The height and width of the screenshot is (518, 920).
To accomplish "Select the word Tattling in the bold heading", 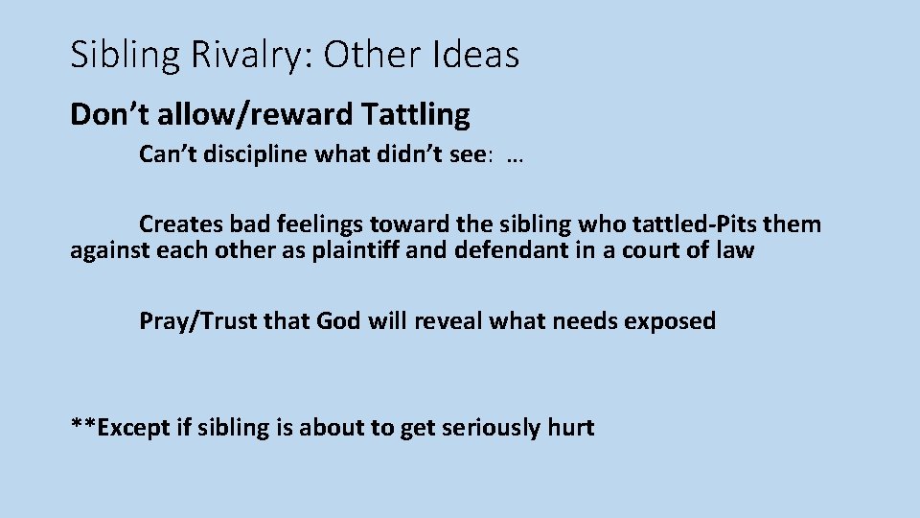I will (x=417, y=115).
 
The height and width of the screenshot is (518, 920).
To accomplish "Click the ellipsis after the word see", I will (x=512, y=156).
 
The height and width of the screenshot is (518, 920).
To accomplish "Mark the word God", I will (x=338, y=321).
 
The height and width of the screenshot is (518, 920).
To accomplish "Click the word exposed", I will (x=670, y=321).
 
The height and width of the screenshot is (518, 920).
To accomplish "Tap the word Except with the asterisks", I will (x=122, y=428).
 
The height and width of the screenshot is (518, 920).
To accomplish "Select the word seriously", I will (x=487, y=428).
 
